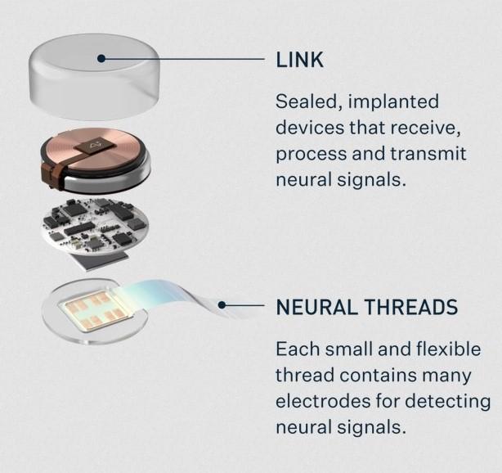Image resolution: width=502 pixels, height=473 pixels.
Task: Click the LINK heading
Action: [x=300, y=60]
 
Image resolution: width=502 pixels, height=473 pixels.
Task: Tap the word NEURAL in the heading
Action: [x=316, y=307]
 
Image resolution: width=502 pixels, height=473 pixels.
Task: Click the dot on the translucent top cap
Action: [x=101, y=59]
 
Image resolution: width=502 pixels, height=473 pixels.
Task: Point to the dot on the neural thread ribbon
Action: [x=222, y=305]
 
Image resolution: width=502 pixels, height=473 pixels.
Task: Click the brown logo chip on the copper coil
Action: [x=95, y=146]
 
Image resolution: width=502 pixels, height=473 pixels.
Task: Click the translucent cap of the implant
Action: [x=94, y=77]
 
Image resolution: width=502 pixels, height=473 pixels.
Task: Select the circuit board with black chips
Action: [x=95, y=230]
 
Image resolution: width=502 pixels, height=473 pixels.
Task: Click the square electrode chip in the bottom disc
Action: [x=96, y=310]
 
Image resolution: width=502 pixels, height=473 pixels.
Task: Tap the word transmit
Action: [x=428, y=154]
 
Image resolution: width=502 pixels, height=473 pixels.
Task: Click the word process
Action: [x=311, y=155]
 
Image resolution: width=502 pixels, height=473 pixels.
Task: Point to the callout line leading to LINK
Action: [x=183, y=59]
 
